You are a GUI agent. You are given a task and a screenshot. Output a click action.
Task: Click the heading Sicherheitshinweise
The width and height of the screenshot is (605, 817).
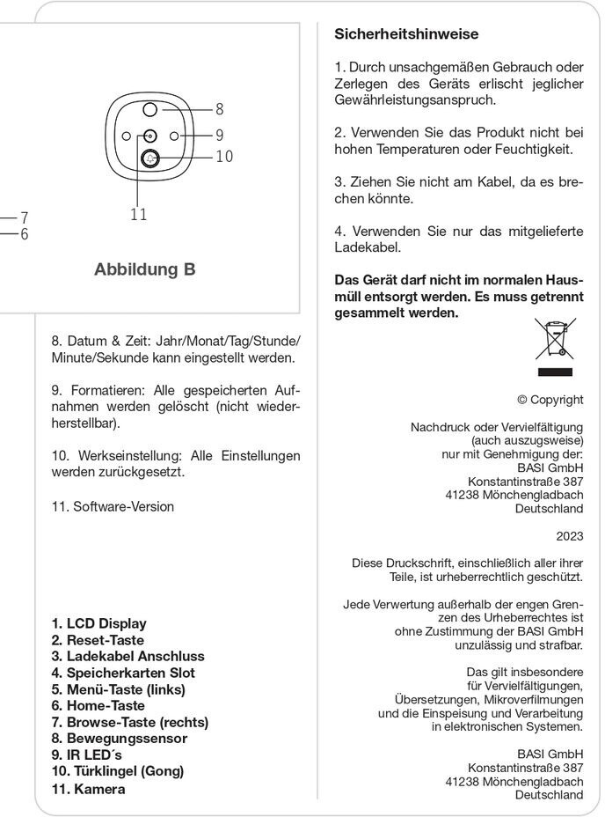(406, 34)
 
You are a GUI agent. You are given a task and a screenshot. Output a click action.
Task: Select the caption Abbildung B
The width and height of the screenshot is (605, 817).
(144, 269)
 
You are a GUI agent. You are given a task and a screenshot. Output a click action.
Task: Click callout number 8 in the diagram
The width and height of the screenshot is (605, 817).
(219, 110)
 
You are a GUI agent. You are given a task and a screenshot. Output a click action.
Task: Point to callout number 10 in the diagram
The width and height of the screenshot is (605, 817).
(223, 157)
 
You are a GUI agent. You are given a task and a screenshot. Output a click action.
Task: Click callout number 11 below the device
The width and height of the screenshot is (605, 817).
(138, 215)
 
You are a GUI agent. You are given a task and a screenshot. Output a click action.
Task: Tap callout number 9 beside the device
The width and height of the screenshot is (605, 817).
(219, 136)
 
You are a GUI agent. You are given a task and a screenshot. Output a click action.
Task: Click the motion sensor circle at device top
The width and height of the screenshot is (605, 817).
(149, 109)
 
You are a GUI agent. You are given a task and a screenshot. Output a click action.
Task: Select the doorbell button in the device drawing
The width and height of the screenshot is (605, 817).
(149, 158)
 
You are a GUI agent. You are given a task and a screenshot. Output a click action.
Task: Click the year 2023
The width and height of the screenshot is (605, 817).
(569, 534)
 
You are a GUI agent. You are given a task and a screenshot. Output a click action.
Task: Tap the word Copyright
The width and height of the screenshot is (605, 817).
(556, 400)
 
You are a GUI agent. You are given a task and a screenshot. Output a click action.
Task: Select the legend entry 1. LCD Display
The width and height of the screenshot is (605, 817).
(98, 623)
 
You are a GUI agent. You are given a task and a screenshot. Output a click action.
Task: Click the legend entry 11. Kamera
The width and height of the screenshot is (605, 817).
(88, 789)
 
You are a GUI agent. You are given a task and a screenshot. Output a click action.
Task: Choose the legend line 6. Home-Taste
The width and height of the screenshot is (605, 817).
(98, 706)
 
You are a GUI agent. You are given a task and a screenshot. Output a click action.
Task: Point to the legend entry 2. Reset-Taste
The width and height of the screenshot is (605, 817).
(98, 640)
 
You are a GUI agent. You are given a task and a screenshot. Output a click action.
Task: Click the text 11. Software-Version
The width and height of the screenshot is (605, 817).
(113, 506)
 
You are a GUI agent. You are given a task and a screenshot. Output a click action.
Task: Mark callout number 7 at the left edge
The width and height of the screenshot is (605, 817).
(25, 217)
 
